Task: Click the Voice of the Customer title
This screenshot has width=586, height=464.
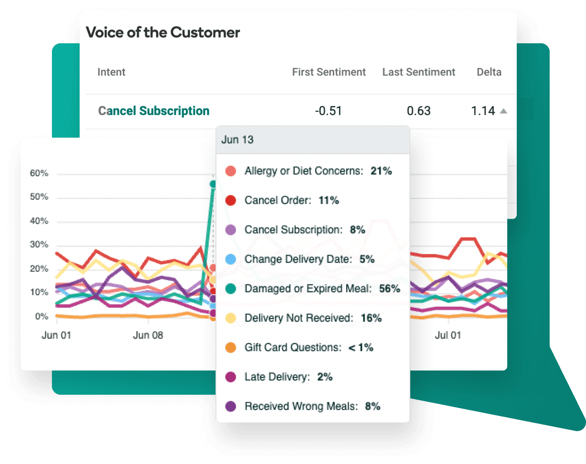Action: click(x=163, y=32)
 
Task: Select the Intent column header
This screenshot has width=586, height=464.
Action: click(x=111, y=72)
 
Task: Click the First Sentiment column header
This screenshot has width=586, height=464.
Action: click(x=328, y=72)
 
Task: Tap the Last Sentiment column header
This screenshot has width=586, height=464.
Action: click(x=419, y=72)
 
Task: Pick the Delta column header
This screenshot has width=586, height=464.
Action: click(x=489, y=72)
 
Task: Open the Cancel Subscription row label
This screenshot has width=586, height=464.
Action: click(x=154, y=111)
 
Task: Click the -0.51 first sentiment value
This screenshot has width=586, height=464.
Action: click(x=328, y=111)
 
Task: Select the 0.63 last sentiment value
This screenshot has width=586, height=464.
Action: click(x=419, y=111)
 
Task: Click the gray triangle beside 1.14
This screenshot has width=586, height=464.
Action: click(x=503, y=111)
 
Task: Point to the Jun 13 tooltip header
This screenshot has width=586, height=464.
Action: click(x=237, y=140)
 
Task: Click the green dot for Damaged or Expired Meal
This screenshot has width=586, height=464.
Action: click(x=231, y=289)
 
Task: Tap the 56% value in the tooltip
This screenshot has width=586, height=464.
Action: click(x=389, y=289)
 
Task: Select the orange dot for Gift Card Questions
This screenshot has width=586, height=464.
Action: click(x=231, y=348)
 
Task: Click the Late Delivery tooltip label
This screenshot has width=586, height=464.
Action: click(x=277, y=377)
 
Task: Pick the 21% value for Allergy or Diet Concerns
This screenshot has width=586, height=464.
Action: click(x=381, y=171)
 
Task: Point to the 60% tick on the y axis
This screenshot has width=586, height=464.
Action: click(x=39, y=174)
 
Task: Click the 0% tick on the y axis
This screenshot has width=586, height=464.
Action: click(x=42, y=316)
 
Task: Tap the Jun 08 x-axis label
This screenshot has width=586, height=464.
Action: click(x=148, y=335)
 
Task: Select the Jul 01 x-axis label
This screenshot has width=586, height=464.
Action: click(x=448, y=335)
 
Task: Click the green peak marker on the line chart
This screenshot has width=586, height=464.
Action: click(x=213, y=184)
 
